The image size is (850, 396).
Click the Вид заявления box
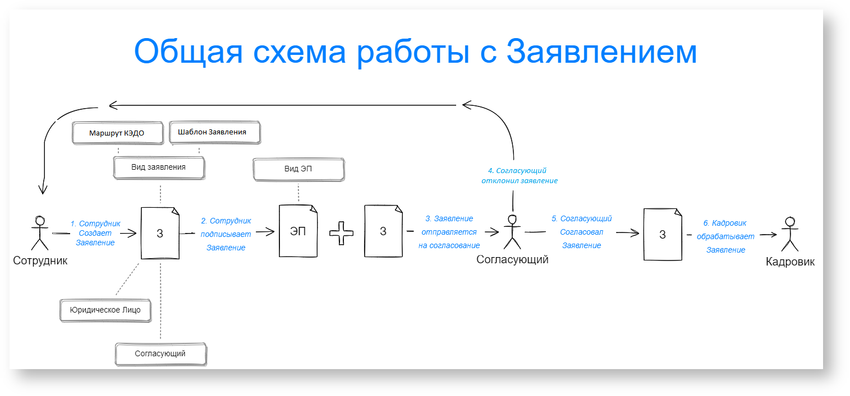click(159, 167)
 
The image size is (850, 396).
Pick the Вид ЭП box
click(298, 169)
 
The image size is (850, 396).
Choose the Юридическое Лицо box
click(105, 310)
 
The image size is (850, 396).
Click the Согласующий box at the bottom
click(160, 354)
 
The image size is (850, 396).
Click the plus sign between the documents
click(341, 233)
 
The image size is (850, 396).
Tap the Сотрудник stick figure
click(39, 232)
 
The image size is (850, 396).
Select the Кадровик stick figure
click(789, 234)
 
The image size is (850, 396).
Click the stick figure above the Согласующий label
click(512, 231)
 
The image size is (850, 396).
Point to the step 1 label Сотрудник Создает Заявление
click(95, 233)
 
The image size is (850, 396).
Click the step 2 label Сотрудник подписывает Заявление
click(226, 234)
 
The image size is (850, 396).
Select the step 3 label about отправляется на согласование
click(449, 232)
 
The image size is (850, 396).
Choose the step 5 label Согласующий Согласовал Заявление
click(582, 232)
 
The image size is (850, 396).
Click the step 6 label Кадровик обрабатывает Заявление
click(725, 236)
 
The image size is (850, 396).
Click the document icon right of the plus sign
click(383, 231)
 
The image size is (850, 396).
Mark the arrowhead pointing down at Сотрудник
click(42, 189)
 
